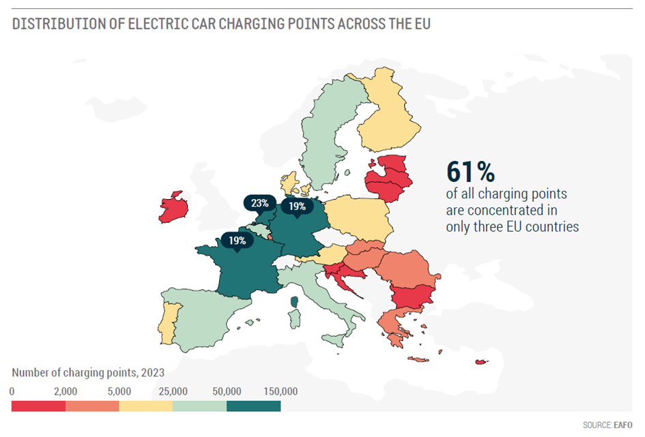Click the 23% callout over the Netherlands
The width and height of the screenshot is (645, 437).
(x=259, y=203)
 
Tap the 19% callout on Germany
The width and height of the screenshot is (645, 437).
(x=296, y=205)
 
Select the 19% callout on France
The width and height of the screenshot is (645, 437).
(x=237, y=241)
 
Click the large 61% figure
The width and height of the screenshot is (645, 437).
(x=470, y=170)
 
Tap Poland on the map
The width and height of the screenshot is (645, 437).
(x=358, y=217)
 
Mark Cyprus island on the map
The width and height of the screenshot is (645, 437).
(x=483, y=362)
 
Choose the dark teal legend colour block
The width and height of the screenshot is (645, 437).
(x=253, y=406)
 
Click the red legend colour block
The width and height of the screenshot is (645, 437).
(x=38, y=406)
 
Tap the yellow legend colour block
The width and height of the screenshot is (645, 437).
(x=146, y=406)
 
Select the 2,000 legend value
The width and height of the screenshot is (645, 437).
(x=66, y=391)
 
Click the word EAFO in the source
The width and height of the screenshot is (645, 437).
(x=624, y=425)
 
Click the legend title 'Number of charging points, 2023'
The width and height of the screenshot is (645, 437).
(x=88, y=373)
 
